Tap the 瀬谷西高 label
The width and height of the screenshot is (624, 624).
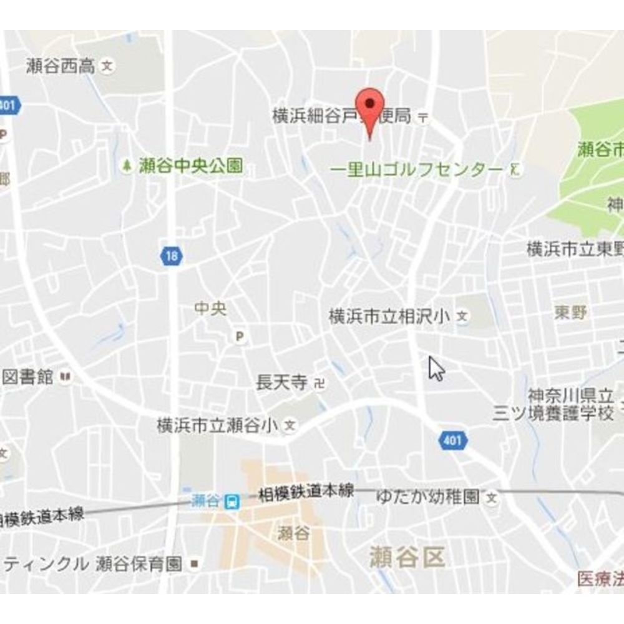(x=61, y=66)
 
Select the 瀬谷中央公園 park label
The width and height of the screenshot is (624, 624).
(x=191, y=166)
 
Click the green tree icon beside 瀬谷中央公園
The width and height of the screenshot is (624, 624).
(x=127, y=166)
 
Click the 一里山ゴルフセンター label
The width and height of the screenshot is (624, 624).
(x=416, y=170)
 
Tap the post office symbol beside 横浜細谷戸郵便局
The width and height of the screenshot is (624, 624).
(x=423, y=117)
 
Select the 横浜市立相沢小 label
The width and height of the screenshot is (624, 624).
(x=389, y=317)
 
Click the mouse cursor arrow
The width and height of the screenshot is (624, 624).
(x=436, y=369)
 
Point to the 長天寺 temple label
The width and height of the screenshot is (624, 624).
(x=281, y=382)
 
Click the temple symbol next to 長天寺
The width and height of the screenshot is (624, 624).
(x=319, y=382)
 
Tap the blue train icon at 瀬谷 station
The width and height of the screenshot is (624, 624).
(x=232, y=501)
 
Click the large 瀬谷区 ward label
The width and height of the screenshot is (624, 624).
(x=407, y=556)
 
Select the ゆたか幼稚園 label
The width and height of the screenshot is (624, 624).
(x=428, y=497)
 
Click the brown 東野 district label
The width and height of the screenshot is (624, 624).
(x=570, y=313)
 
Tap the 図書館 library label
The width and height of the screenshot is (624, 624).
(x=27, y=377)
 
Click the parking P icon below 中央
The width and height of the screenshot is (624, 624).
(x=240, y=337)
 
